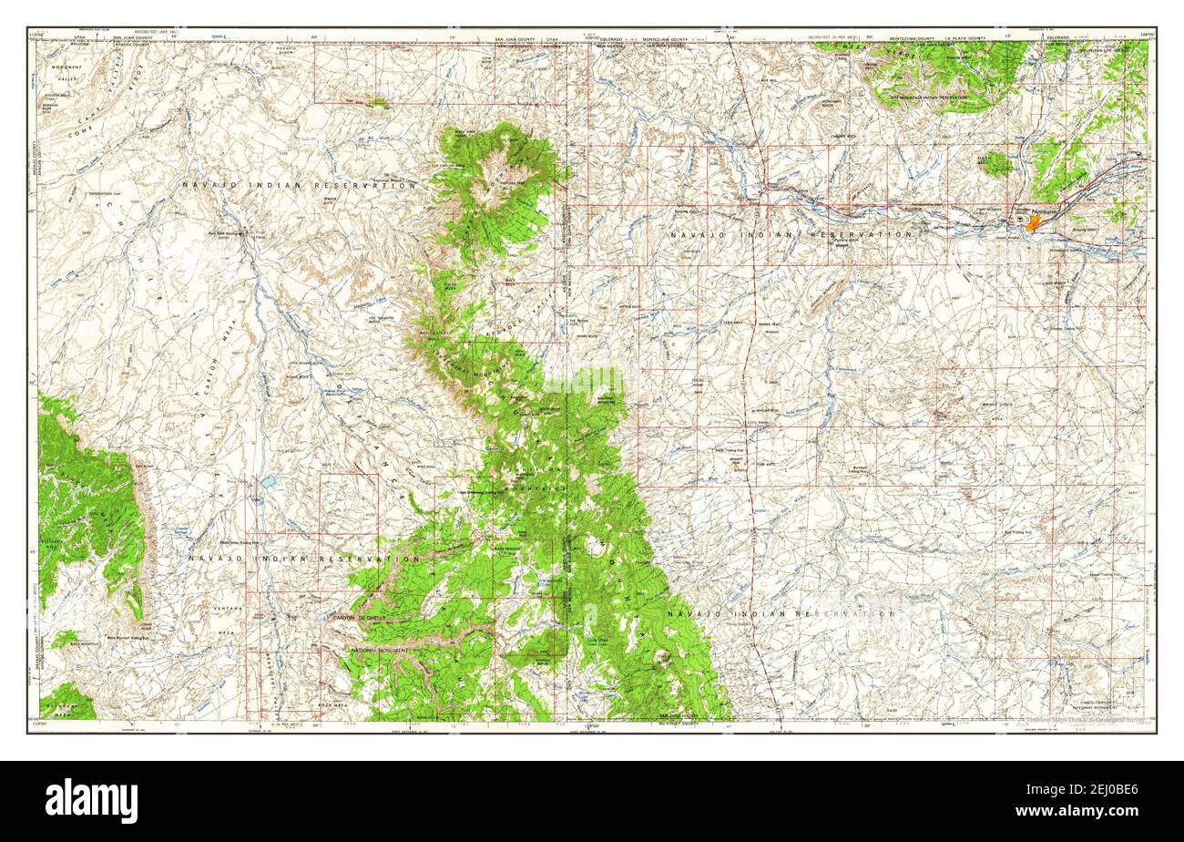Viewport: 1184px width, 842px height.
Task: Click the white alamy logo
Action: point(91,801)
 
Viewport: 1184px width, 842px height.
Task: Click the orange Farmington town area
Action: point(1032,222)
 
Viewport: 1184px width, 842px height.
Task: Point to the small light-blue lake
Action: point(270,478)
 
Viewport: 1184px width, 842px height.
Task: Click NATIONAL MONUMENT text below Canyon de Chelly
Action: point(381,650)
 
